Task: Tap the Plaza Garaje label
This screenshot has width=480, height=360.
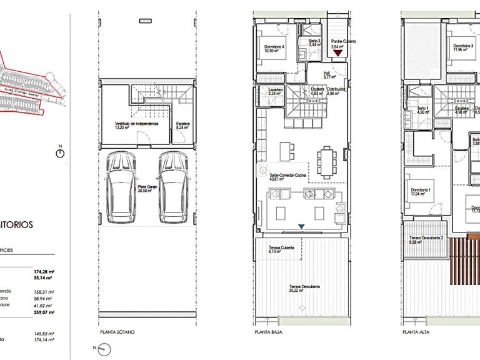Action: [x=147, y=188]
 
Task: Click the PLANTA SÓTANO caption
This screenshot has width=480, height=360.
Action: [x=117, y=332]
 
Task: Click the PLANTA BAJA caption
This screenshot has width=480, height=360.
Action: [x=266, y=332]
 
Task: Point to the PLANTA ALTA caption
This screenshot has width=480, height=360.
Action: [x=414, y=332]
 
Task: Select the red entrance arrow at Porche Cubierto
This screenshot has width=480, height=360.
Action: [x=338, y=54]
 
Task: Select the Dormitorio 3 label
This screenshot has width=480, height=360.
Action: [x=463, y=48]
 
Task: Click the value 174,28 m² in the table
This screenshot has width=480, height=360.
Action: [x=44, y=272]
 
